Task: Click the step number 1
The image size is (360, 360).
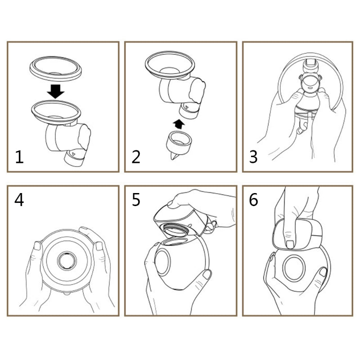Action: click(x=18, y=157)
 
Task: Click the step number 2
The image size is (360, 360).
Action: click(x=136, y=157)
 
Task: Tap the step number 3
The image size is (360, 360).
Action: click(x=253, y=157)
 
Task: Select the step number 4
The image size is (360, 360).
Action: click(x=19, y=199)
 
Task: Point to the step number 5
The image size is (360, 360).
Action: click(x=136, y=199)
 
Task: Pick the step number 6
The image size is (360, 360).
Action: click(x=254, y=199)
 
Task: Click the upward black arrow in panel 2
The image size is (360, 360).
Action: click(x=179, y=123)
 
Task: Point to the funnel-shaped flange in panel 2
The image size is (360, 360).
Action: click(x=170, y=66)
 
